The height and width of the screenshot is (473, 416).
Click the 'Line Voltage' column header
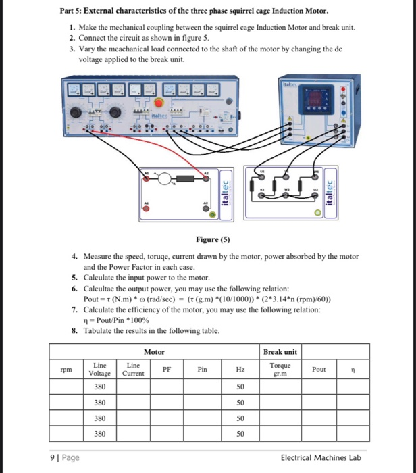(100, 369)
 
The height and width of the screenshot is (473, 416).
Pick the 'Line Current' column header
(134, 369)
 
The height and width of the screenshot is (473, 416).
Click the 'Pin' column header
(203, 370)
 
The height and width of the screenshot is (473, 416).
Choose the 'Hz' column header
(240, 370)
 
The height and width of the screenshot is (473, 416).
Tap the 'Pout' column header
(319, 370)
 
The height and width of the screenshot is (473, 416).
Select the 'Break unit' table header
(280, 351)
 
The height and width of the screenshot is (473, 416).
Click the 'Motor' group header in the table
(154, 351)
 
